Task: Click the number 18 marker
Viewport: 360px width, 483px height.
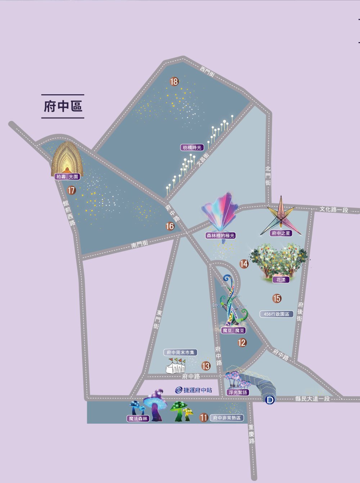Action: pyautogui.click(x=174, y=82)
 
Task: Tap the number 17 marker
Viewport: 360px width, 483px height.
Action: pyautogui.click(x=72, y=190)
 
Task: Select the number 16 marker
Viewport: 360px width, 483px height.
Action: pyautogui.click(x=170, y=226)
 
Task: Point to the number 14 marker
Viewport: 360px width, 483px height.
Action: pyautogui.click(x=244, y=264)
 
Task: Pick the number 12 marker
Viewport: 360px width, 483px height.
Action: pyautogui.click(x=242, y=343)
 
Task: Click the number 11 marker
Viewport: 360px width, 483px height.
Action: pyautogui.click(x=204, y=418)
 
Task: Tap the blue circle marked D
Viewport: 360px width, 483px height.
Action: pyautogui.click(x=270, y=400)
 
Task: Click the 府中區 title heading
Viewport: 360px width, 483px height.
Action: pyautogui.click(x=63, y=106)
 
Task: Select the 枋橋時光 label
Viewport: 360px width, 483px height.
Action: pyautogui.click(x=193, y=147)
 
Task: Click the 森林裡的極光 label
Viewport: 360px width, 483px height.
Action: pyautogui.click(x=221, y=236)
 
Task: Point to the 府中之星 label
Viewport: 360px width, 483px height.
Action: pyautogui.click(x=281, y=233)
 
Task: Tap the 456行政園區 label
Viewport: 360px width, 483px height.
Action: pyautogui.click(x=276, y=314)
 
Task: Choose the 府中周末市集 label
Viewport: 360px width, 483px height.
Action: pyautogui.click(x=181, y=352)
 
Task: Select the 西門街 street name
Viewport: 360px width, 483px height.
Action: pyautogui.click(x=208, y=71)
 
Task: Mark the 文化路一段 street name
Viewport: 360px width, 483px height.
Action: pyautogui.click(x=334, y=209)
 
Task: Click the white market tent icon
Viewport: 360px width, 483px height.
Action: pyautogui.click(x=175, y=366)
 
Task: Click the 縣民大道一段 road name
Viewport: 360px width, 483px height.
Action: pyautogui.click(x=312, y=398)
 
